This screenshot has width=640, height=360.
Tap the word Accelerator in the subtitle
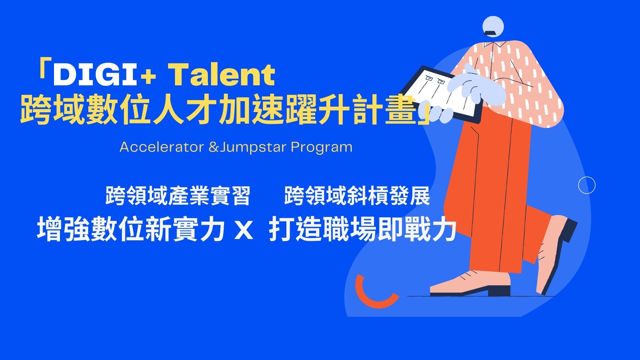pos(162,147)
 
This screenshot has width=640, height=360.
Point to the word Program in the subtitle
pos(321,147)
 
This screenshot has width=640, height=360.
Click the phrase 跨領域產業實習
pos(178,196)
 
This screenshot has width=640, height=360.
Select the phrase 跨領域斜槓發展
pos(357,196)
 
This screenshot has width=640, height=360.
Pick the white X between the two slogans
pos(244,230)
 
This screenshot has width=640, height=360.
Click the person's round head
pos(493,25)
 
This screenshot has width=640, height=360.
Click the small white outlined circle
pos(586,185)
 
